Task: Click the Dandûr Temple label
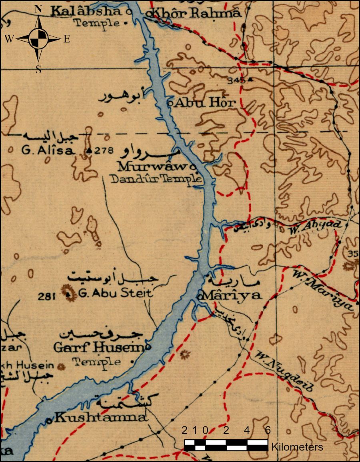(x=156, y=179)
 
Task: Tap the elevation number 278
(x=105, y=151)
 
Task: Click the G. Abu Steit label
(x=115, y=293)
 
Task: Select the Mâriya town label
(x=232, y=296)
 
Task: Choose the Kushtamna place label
(x=100, y=418)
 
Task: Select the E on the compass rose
(x=67, y=39)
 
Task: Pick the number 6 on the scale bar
(x=268, y=430)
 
